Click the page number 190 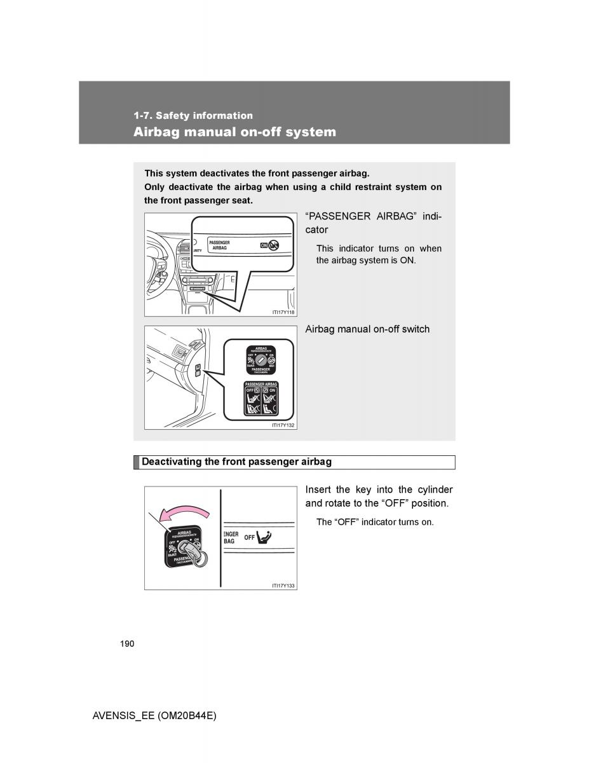(126, 644)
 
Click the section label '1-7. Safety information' (193, 116)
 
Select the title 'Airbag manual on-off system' (234, 132)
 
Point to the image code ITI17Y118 (283, 312)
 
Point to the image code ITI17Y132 (283, 425)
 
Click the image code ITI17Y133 (283, 586)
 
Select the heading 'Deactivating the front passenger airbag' (236, 462)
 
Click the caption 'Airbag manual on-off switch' (367, 329)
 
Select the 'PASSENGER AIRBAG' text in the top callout (219, 245)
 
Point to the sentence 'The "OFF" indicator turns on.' (375, 522)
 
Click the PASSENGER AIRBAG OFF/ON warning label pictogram (261, 399)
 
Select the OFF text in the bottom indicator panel (249, 538)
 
